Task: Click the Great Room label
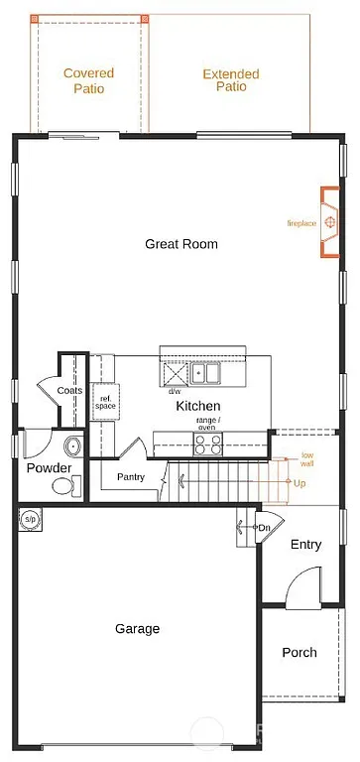pyautogui.click(x=180, y=243)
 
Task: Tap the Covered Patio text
pyautogui.click(x=88, y=80)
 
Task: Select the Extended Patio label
pyautogui.click(x=230, y=80)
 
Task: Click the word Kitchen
pyautogui.click(x=197, y=406)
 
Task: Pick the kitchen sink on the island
pyautogui.click(x=206, y=374)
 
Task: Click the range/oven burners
pyautogui.click(x=208, y=444)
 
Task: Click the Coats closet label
pyautogui.click(x=69, y=390)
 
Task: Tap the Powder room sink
pyautogui.click(x=71, y=445)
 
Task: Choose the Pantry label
pyautogui.click(x=130, y=476)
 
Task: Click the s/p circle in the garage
pyautogui.click(x=30, y=519)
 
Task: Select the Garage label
pyautogui.click(x=137, y=628)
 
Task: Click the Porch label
pyautogui.click(x=299, y=652)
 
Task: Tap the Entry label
pyautogui.click(x=305, y=545)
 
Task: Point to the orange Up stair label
pyautogui.click(x=300, y=482)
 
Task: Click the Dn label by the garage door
pyautogui.click(x=264, y=528)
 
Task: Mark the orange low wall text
pyautogui.click(x=306, y=458)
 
